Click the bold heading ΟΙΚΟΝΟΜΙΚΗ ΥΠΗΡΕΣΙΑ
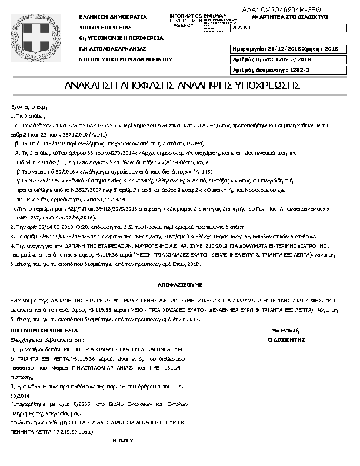[x=49, y=329]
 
